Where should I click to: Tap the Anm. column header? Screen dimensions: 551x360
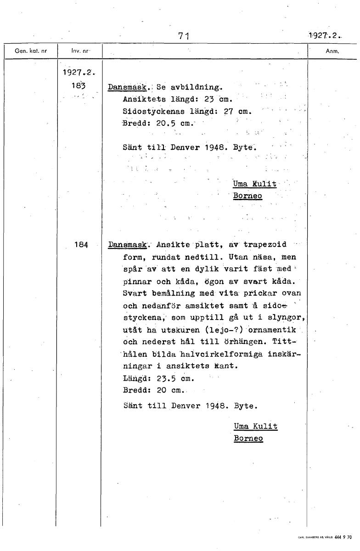click(x=332, y=51)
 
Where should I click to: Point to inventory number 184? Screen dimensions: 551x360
click(x=80, y=245)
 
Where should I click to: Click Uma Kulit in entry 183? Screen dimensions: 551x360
click(x=255, y=184)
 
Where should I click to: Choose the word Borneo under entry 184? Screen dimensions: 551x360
click(x=248, y=438)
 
